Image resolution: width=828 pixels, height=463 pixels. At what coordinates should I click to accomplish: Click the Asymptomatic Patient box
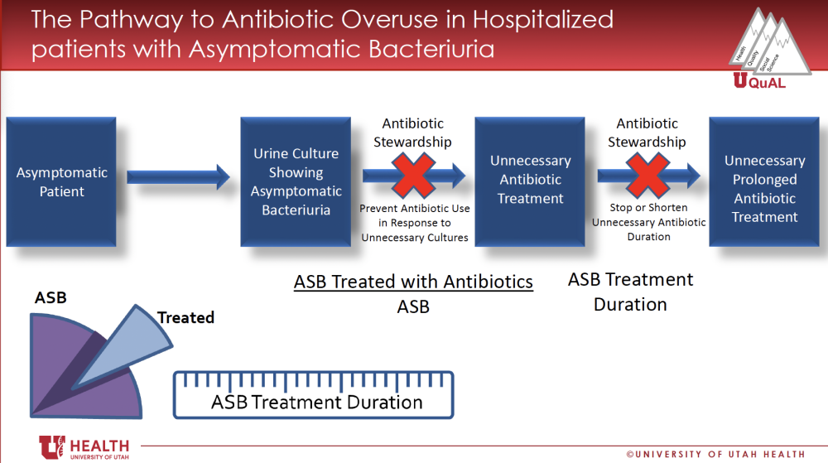[61, 181]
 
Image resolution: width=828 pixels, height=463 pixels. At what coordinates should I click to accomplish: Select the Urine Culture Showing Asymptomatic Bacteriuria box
[296, 181]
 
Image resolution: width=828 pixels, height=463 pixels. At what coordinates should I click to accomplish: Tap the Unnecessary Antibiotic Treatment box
[530, 181]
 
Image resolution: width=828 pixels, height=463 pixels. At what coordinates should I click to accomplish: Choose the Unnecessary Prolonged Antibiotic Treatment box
[764, 181]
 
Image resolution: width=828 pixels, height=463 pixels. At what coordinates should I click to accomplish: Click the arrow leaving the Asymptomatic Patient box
[179, 176]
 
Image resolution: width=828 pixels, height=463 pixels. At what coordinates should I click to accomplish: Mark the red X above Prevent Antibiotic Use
[413, 176]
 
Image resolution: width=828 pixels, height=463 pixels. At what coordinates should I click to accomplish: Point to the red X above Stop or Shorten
[647, 176]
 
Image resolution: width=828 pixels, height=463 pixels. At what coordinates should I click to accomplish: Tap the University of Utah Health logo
[84, 448]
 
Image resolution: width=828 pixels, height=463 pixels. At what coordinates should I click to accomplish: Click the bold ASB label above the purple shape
[51, 297]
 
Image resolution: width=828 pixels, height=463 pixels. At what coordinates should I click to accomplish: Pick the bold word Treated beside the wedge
[185, 317]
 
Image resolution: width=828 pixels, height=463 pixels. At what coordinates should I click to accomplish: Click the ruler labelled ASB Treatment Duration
[314, 395]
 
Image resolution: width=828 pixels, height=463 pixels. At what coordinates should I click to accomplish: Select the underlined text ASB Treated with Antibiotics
[413, 282]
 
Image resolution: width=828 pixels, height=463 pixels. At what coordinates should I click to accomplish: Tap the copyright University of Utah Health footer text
[715, 454]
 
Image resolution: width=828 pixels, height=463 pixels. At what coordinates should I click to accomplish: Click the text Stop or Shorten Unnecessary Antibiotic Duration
[649, 222]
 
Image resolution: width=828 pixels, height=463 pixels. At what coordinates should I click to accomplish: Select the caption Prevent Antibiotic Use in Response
[415, 215]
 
